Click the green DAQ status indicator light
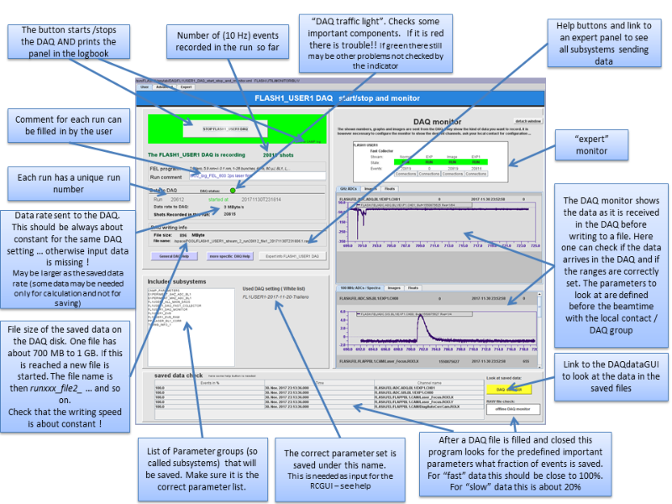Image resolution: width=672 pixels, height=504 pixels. pos(233,192)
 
